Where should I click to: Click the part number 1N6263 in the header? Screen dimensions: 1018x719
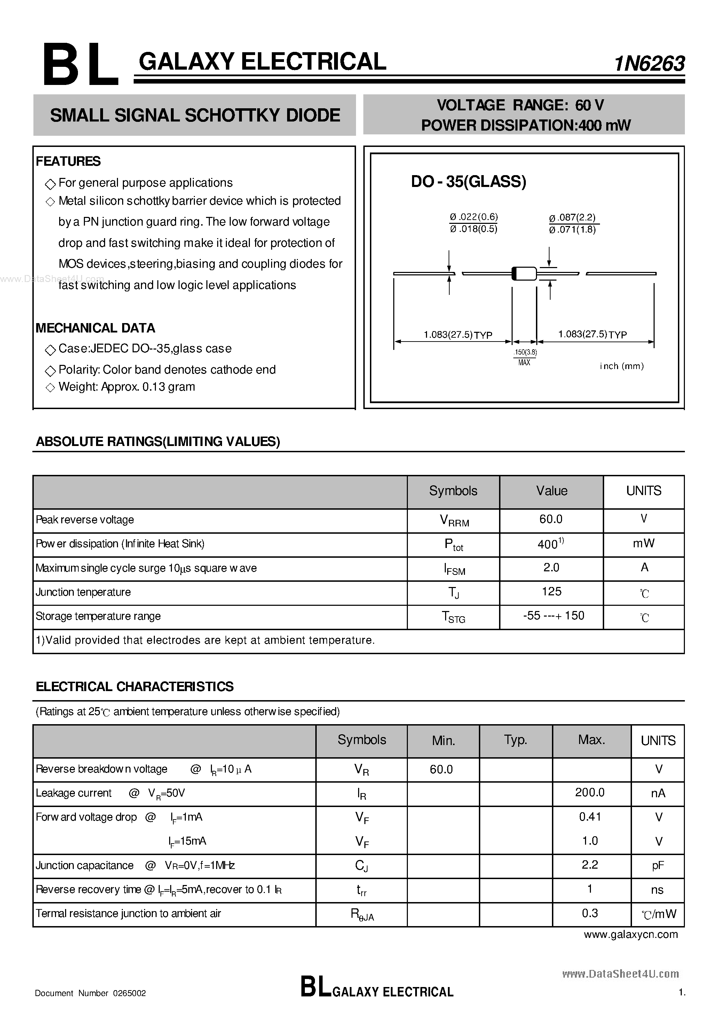click(649, 64)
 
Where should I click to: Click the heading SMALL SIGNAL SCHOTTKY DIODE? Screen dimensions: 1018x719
click(195, 115)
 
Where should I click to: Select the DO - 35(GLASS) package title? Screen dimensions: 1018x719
click(468, 182)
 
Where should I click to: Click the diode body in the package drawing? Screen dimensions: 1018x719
click(524, 274)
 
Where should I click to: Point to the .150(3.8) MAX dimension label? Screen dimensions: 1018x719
click(525, 357)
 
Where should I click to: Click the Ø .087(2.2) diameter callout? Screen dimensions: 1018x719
click(572, 218)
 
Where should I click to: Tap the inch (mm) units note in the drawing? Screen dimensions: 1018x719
click(622, 366)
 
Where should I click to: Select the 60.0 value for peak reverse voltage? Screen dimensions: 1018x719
click(551, 519)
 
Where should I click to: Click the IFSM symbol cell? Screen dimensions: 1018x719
click(454, 569)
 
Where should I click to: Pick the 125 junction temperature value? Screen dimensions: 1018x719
click(552, 592)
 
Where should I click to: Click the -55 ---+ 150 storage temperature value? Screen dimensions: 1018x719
click(553, 616)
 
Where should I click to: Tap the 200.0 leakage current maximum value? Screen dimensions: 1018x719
click(590, 792)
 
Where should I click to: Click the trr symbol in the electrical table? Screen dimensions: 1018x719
click(362, 890)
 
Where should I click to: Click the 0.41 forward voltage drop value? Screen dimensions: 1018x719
click(590, 817)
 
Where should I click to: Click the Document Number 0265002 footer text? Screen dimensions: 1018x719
click(90, 993)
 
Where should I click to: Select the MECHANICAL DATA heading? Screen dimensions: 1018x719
click(95, 328)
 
